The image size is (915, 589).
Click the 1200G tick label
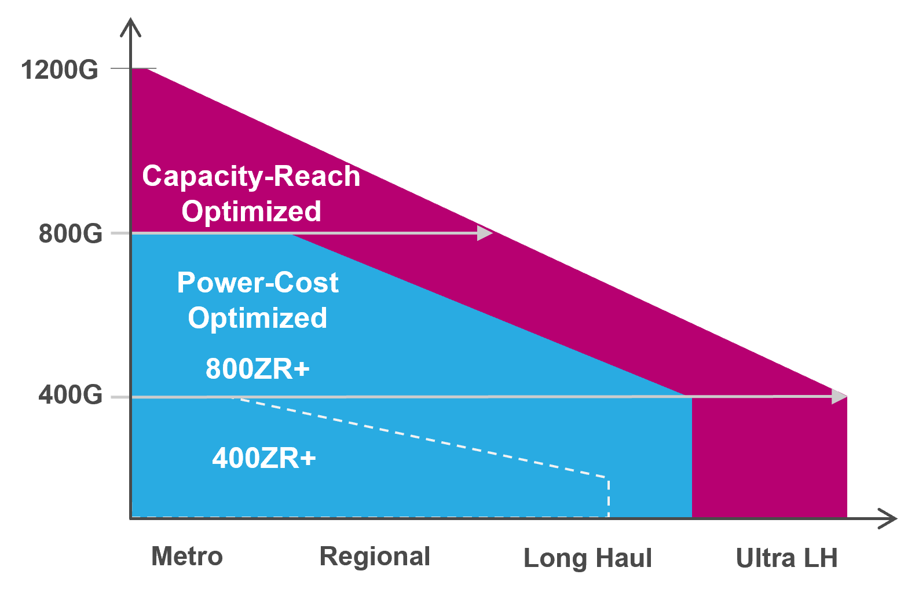tap(60, 70)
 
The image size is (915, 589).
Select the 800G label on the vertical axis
tap(70, 234)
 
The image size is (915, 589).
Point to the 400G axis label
tap(70, 396)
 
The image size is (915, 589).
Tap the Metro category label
tap(187, 557)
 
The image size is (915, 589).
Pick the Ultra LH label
tap(787, 558)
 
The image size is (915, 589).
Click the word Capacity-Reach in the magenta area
tap(251, 177)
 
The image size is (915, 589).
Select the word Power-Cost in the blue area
tap(258, 283)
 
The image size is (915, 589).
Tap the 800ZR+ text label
tap(258, 369)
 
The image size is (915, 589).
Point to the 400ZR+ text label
tap(264, 458)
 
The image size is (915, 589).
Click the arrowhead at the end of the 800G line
tap(485, 233)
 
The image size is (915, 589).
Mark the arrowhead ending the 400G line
tap(840, 397)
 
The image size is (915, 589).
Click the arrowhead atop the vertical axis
tap(130, 28)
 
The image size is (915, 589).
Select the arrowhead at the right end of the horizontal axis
tap(888, 519)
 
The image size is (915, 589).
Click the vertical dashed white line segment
tap(609, 497)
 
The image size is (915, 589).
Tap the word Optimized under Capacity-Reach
tap(251, 212)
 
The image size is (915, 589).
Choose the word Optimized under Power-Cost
tap(257, 318)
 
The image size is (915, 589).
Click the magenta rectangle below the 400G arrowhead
tap(770, 457)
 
